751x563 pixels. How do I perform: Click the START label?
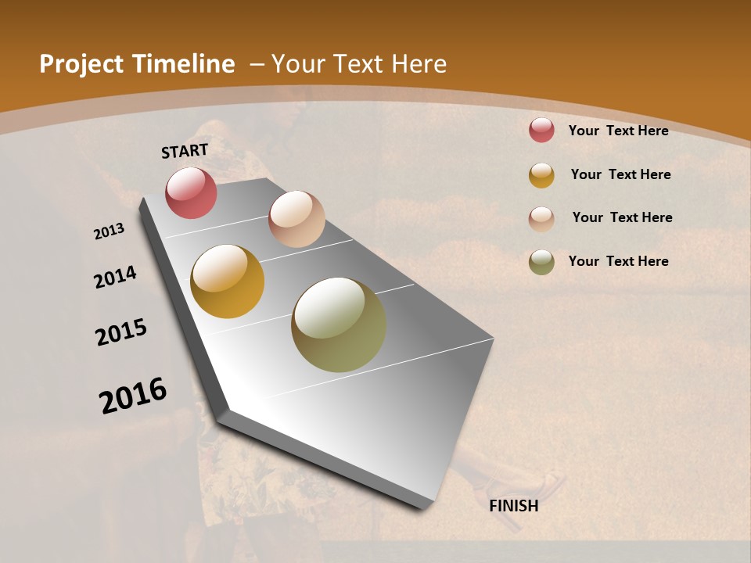coord(185,151)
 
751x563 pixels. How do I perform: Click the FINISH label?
coord(513,506)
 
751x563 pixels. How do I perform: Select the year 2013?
coord(110,231)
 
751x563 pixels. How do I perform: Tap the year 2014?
coord(115,277)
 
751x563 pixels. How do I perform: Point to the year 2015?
coord(121,332)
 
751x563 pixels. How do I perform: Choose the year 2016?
coord(133,395)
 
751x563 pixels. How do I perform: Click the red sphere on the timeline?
coord(191,192)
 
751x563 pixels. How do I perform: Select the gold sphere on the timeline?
coord(227,281)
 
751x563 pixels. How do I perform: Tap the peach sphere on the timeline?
coord(296,219)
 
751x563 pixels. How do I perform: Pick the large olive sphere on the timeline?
coord(339,325)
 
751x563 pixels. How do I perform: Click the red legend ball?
coord(541,130)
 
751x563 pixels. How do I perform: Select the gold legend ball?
coord(541,175)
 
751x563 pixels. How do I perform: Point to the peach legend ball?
coord(541,219)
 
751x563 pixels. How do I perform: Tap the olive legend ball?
coord(541,262)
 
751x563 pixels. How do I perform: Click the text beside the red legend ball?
coord(618,131)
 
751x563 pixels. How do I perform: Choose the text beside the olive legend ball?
coord(618,261)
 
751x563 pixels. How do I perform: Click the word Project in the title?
coord(78,64)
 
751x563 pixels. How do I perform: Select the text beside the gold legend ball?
coord(620,174)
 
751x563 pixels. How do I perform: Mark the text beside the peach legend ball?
coord(622,217)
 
